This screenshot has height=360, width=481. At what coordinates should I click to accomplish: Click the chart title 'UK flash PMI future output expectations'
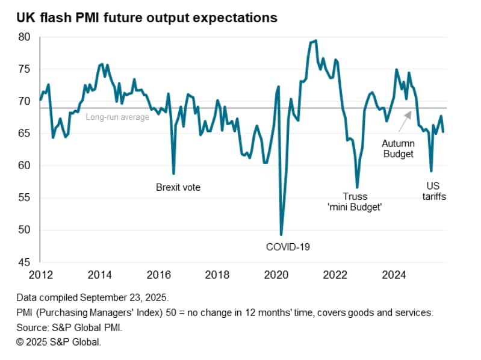pyautogui.click(x=147, y=18)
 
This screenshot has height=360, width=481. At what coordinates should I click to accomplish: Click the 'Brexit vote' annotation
pyautogui.click(x=178, y=187)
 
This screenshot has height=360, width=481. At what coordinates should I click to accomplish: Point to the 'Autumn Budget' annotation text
pyautogui.click(x=398, y=149)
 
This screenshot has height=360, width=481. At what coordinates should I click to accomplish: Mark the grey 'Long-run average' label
pyautogui.click(x=117, y=117)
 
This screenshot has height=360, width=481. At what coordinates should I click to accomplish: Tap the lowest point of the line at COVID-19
pyautogui.click(x=281, y=234)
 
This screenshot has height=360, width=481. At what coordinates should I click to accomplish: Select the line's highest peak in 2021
pyautogui.click(x=317, y=40)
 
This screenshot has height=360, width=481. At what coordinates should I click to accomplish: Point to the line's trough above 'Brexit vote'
pyautogui.click(x=173, y=173)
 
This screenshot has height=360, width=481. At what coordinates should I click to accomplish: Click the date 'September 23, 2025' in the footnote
pyautogui.click(x=125, y=298)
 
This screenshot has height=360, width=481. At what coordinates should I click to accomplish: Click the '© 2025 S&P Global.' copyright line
pyautogui.click(x=59, y=341)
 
